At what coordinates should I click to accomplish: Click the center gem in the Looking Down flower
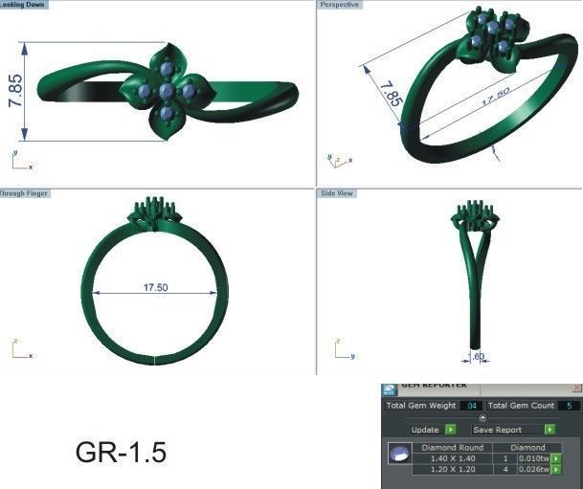pyautogui.click(x=167, y=91)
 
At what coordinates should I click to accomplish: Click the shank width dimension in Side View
pyautogui.click(x=476, y=356)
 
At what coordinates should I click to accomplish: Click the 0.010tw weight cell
pyautogui.click(x=532, y=458)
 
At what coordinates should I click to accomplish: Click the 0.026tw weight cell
pyautogui.click(x=532, y=470)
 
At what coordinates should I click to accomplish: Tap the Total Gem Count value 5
pyautogui.click(x=571, y=406)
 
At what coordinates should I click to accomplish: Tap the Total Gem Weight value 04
pyautogui.click(x=470, y=406)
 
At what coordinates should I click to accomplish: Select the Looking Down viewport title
pyautogui.click(x=23, y=5)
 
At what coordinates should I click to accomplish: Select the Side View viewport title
pyautogui.click(x=338, y=193)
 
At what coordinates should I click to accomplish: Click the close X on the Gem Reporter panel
pyautogui.click(x=575, y=387)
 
